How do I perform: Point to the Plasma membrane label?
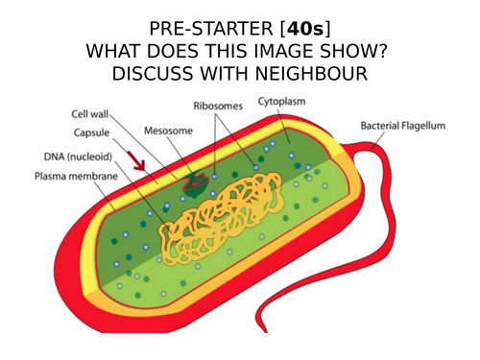pyautogui.click(x=71, y=177)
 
